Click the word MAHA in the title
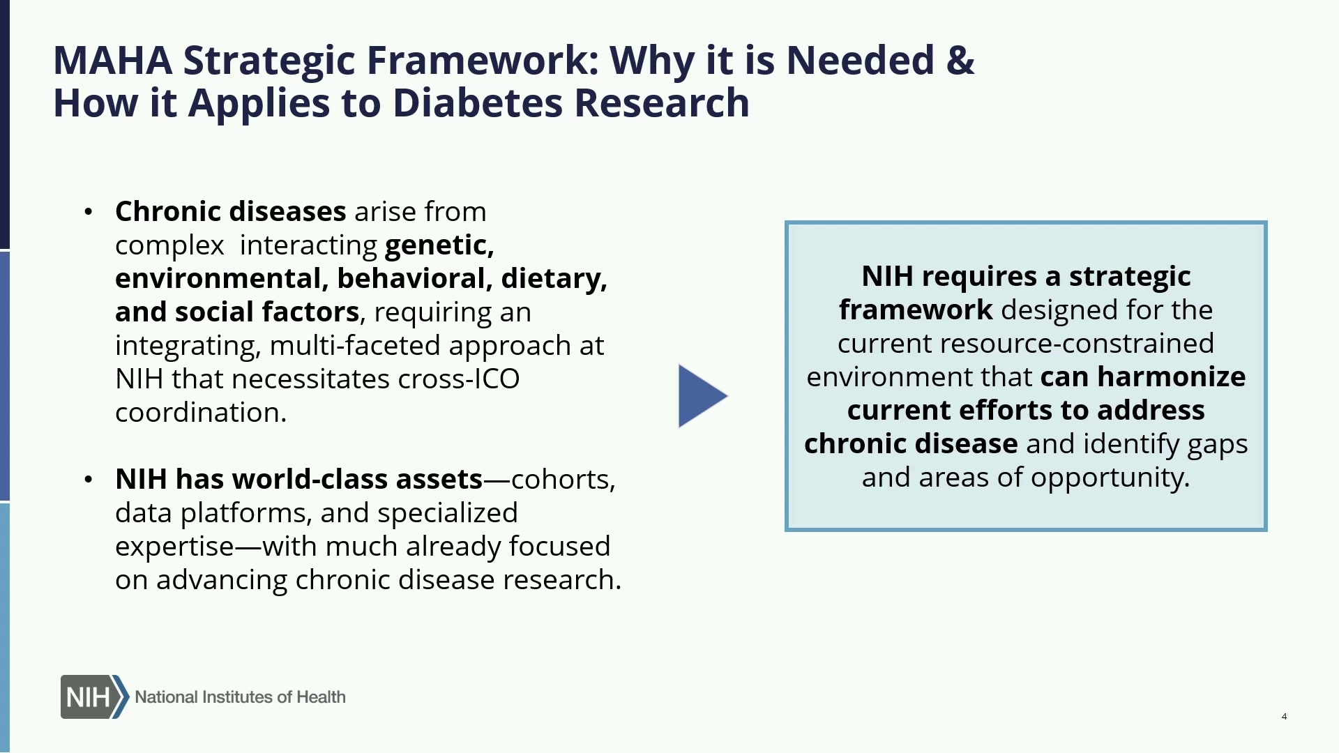pos(113,60)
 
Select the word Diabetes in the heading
pos(477,103)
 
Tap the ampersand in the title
pos(960,60)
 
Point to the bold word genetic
pos(439,245)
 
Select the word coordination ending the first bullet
pos(201,413)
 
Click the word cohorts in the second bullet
pos(563,480)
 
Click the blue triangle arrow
pos(702,396)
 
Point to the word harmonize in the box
pos(1172,376)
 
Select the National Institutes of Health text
pos(240,697)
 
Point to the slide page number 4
pos(1284,717)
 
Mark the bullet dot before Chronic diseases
pos(88,212)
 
